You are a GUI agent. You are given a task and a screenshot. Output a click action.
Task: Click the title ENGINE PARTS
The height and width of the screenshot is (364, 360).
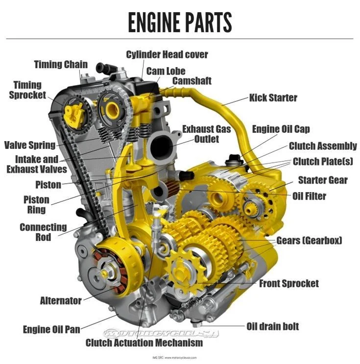coord(180,22)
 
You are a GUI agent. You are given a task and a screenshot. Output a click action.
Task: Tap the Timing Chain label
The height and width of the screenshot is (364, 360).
coord(61,65)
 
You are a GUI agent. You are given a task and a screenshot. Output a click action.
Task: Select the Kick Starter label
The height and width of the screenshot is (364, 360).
coord(273,97)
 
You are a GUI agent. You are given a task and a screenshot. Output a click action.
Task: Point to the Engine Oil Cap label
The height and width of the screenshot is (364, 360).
coord(281,129)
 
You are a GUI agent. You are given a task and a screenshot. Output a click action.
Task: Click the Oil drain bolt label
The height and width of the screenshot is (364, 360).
coord(272,326)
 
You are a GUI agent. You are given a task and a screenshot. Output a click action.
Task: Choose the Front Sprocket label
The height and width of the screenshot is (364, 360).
coord(289,284)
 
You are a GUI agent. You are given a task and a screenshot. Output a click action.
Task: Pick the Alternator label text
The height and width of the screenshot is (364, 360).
coord(61,301)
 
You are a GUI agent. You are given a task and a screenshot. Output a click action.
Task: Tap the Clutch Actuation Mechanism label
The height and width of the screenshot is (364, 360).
coord(144,342)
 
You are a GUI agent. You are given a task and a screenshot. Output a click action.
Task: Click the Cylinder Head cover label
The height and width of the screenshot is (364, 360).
coord(167,54)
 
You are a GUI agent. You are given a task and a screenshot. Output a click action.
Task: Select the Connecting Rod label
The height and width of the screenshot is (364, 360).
coord(43,232)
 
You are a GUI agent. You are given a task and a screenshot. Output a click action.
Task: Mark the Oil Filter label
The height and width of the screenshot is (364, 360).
coord(309,196)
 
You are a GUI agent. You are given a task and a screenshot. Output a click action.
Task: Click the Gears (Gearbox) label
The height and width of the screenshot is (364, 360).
coord(309,241)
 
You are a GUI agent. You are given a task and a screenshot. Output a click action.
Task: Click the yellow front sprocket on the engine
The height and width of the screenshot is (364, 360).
coord(187,270)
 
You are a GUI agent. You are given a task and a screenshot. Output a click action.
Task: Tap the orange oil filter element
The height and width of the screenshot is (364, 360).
coord(172,187)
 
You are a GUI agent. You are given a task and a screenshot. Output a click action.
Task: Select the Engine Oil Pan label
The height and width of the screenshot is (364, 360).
coord(51,329)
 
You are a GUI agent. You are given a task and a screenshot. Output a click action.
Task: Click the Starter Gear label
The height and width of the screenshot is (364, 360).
coord(323,180)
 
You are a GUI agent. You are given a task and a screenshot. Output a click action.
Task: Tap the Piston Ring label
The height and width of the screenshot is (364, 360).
coord(36,205)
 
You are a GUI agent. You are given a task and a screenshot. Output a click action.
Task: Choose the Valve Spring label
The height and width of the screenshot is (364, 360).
coord(30,145)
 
